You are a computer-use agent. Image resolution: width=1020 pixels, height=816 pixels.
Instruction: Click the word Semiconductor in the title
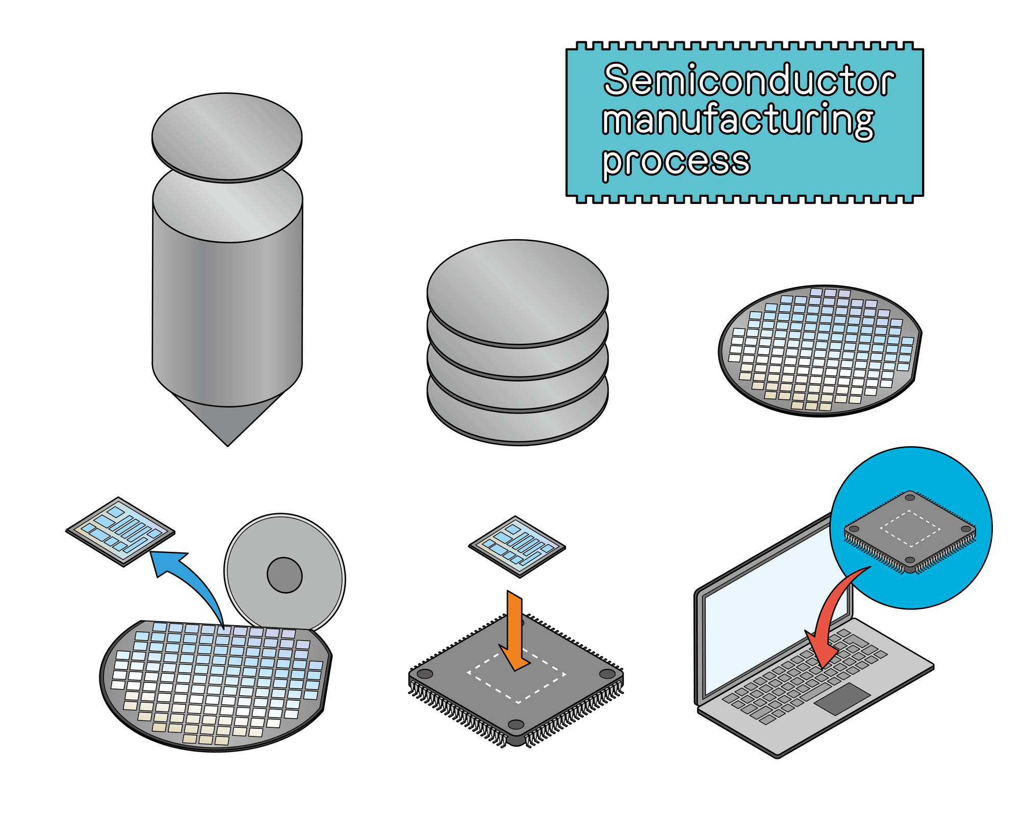(x=748, y=81)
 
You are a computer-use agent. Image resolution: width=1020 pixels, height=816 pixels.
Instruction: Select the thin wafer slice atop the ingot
(x=227, y=137)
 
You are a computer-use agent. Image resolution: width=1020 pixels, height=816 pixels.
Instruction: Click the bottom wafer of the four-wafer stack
(x=518, y=426)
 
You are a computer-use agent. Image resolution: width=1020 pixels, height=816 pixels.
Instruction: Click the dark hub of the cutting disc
(x=285, y=575)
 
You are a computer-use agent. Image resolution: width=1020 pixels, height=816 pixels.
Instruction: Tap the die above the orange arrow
(x=517, y=546)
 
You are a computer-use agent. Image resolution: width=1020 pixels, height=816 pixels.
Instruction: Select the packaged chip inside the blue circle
(x=910, y=530)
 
